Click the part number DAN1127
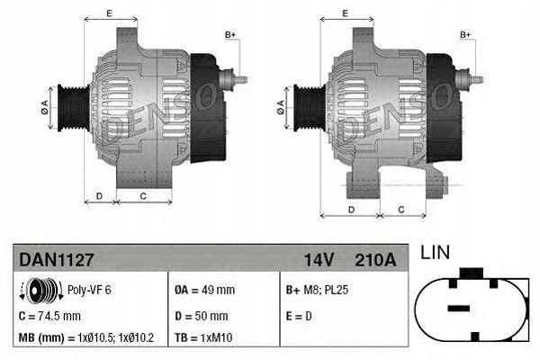coord(56,259)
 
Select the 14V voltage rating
coord(319,259)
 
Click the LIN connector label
coord(435,253)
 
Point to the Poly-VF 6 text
coord(90,290)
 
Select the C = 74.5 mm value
coord(49,316)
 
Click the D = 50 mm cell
coord(201,316)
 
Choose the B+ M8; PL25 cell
coord(319,290)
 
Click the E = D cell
coord(299,316)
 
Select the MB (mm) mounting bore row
coord(86,338)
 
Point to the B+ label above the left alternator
coord(229,34)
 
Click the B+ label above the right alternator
coord(466,34)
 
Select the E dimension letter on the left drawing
coord(109,13)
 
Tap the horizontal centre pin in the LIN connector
coord(459,308)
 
